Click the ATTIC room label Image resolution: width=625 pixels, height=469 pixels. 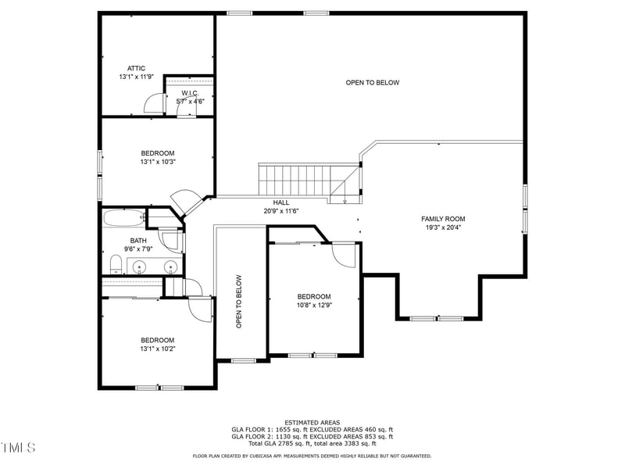tap(136, 69)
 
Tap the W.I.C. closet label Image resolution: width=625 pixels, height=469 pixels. tap(191, 93)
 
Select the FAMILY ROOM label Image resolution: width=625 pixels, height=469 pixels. tap(443, 219)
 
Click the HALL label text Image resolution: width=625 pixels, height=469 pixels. tap(281, 202)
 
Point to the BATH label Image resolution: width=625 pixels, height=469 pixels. tap(138, 241)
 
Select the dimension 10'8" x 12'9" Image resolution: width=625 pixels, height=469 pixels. tap(314, 306)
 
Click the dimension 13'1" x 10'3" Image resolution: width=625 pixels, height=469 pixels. tap(157, 162)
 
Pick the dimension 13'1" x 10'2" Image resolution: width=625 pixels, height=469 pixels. tap(157, 349)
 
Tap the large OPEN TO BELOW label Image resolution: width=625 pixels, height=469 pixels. tap(373, 83)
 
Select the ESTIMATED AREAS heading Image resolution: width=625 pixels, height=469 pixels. tap(312, 422)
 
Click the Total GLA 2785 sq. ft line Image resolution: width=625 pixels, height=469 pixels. tap(312, 444)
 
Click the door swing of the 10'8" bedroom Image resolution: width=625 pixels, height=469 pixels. tap(345, 254)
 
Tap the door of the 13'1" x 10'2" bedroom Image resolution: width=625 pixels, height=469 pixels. tap(200, 308)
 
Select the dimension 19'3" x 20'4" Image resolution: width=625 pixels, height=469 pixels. tap(443, 228)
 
